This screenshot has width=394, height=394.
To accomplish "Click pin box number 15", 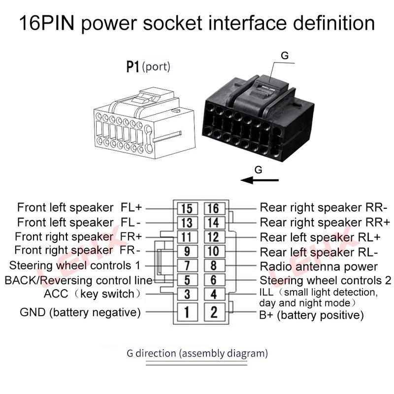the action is [187, 208].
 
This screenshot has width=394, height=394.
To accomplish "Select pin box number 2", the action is [214, 312].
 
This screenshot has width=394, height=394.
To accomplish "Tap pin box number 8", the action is [214, 265].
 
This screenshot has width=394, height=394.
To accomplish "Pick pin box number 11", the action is [187, 237].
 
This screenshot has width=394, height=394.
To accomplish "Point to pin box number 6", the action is [214, 280].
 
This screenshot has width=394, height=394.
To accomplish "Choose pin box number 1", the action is [187, 312].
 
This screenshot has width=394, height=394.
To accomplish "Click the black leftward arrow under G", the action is [260, 180].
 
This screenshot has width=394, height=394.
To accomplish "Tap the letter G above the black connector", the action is [285, 56].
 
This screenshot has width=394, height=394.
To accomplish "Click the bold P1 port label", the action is [132, 67].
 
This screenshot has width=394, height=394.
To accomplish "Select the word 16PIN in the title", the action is [47, 23].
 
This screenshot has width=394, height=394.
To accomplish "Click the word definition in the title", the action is [334, 23].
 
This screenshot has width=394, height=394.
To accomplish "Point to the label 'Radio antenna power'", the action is [319, 266].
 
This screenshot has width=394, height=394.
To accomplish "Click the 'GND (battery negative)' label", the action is [80, 312].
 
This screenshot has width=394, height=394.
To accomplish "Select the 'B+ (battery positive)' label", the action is [312, 315].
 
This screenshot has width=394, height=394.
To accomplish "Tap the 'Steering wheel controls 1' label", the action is [75, 265].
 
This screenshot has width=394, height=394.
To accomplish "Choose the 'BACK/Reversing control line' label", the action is [79, 280].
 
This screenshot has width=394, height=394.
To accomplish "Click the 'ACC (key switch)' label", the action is [93, 294].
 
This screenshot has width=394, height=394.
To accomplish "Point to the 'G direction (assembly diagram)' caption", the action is [197, 353].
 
